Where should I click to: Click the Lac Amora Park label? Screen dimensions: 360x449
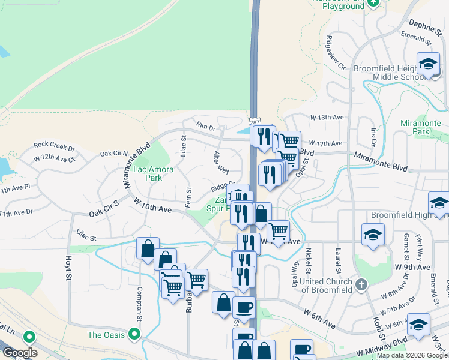tap(153, 173)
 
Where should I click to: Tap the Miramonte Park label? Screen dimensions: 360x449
tap(424, 127)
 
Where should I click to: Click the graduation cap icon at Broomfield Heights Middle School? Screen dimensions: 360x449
tap(428, 64)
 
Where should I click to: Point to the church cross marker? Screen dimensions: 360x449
tap(360, 284)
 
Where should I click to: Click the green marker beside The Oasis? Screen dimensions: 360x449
tap(134, 334)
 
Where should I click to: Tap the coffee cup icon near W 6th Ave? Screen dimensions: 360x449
tap(244, 308)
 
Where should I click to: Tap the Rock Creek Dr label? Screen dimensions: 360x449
tap(54, 145)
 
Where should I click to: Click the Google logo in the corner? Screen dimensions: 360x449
tap(20, 353)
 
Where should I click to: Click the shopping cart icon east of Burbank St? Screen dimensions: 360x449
tap(196, 279)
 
